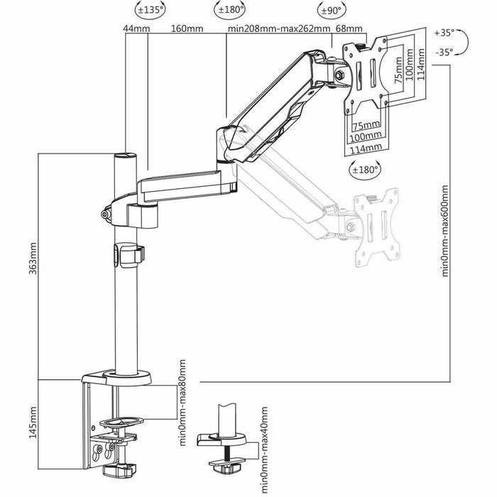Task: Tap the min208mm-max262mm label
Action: click(279, 29)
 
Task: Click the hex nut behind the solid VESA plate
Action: click(338, 74)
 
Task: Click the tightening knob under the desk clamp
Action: click(119, 469)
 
